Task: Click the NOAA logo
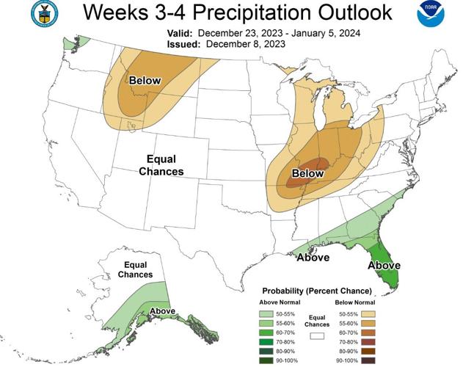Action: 431,15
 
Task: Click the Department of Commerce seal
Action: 44,15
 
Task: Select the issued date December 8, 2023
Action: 246,44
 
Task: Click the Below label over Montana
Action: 145,80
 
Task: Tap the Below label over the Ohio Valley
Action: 307,173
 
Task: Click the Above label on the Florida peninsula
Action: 384,265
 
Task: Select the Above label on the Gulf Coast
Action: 313,258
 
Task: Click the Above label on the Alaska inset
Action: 162,311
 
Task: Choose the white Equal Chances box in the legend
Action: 318,335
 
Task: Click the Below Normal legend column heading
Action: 355,302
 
